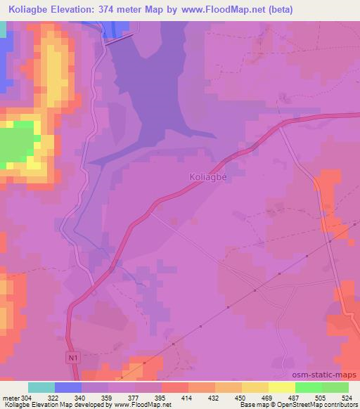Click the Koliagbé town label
[x=207, y=177]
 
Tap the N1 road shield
[x=74, y=358]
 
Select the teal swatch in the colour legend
[x=41, y=387]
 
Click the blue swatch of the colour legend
[x=68, y=387]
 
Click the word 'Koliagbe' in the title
[x=28, y=10]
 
